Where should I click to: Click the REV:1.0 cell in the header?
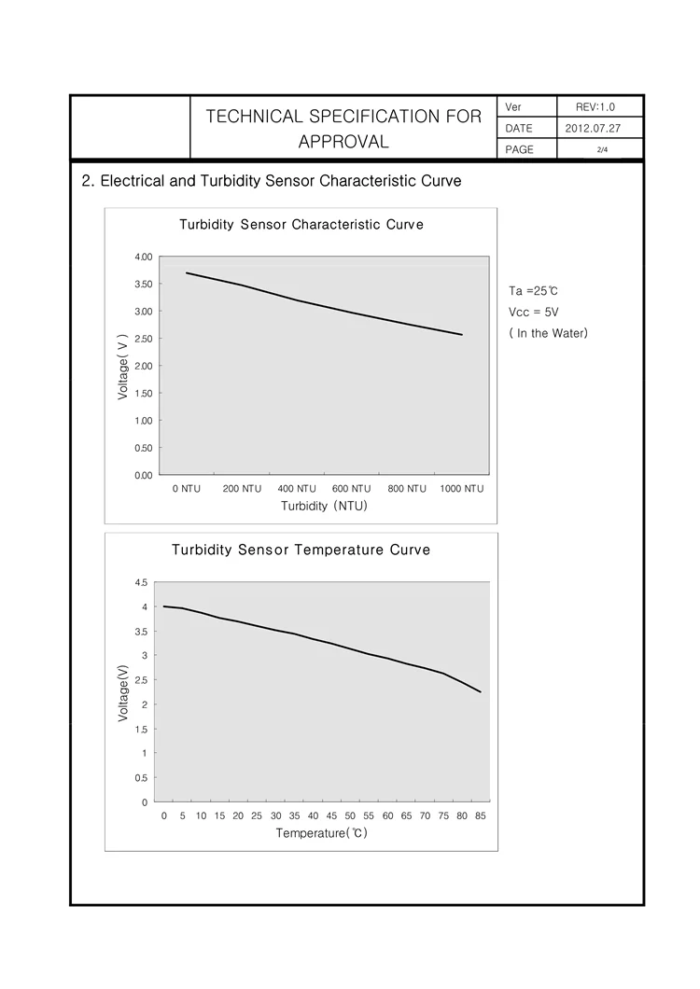(x=595, y=107)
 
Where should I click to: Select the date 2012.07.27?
(x=593, y=128)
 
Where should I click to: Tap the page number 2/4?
(x=602, y=149)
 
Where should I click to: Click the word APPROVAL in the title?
(x=343, y=142)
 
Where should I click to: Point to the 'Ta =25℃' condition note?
(x=533, y=291)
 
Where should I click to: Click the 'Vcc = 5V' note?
(x=533, y=313)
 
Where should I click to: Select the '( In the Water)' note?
(x=548, y=333)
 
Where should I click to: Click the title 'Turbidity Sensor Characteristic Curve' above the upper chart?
(x=301, y=225)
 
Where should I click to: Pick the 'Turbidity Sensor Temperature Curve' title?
(x=301, y=550)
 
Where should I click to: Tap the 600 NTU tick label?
(x=352, y=489)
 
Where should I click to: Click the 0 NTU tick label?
(x=187, y=489)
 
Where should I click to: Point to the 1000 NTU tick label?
(x=462, y=489)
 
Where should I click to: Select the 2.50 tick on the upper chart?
(x=144, y=339)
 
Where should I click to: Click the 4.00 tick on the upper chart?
(x=144, y=257)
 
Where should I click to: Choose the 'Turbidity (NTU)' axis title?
(x=324, y=506)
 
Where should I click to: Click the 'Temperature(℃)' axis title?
(x=321, y=833)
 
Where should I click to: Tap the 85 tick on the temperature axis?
(x=481, y=815)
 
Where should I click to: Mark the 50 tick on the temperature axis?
(x=350, y=815)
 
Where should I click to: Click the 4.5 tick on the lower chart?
(x=141, y=583)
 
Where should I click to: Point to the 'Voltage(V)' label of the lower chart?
(x=123, y=692)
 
